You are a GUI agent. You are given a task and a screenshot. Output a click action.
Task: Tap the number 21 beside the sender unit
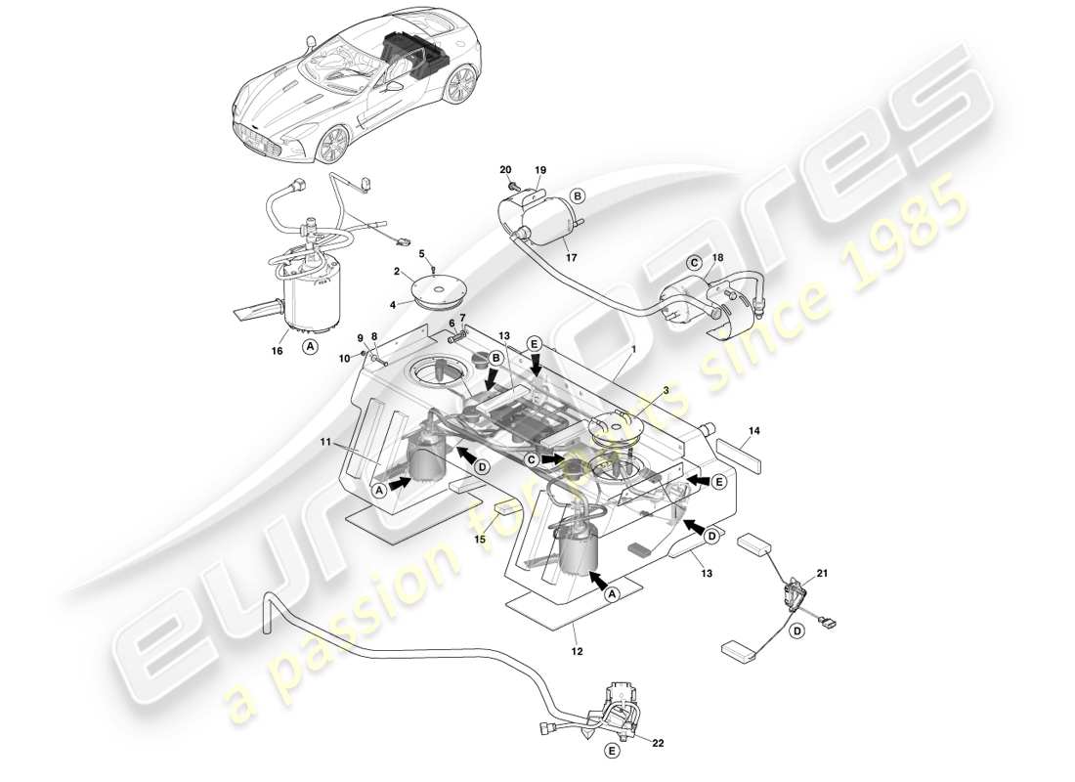click(822, 574)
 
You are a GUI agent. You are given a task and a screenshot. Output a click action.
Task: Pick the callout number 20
click(505, 170)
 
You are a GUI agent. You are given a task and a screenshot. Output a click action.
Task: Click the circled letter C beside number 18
click(695, 262)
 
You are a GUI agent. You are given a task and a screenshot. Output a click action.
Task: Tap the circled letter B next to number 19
click(577, 195)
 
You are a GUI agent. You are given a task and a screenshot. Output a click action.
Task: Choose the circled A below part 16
click(310, 345)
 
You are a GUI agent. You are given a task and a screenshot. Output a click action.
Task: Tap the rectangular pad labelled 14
click(740, 456)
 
